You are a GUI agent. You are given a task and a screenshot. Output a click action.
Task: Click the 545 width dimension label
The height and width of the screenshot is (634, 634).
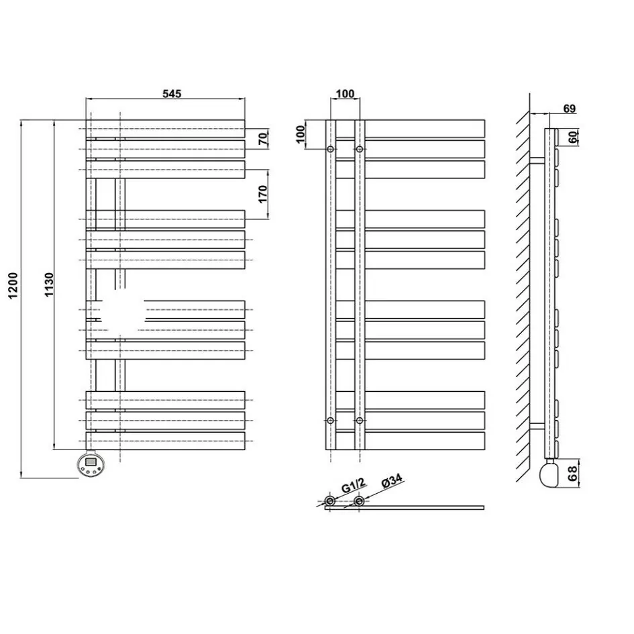pyautogui.click(x=172, y=93)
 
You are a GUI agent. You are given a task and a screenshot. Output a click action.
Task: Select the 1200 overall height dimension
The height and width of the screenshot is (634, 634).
pyautogui.click(x=13, y=285)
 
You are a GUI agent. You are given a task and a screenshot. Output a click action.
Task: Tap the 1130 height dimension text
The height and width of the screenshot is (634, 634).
pyautogui.click(x=49, y=284)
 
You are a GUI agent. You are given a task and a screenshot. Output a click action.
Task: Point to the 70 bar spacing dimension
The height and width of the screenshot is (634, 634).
pyautogui.click(x=263, y=139)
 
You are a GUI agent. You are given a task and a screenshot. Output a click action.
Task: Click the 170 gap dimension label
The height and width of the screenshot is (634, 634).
pyautogui.click(x=263, y=194)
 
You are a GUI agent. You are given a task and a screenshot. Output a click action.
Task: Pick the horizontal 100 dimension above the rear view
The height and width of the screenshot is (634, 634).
pyautogui.click(x=345, y=93)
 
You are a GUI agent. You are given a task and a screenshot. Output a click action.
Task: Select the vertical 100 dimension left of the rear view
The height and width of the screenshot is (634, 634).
pyautogui.click(x=300, y=134)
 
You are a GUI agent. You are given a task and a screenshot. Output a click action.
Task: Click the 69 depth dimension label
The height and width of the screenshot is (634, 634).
pyautogui.click(x=569, y=109)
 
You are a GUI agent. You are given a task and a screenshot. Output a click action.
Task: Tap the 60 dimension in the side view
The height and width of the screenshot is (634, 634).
pyautogui.click(x=572, y=137)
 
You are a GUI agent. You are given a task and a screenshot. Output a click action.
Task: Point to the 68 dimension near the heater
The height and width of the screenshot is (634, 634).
pyautogui.click(x=572, y=473)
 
